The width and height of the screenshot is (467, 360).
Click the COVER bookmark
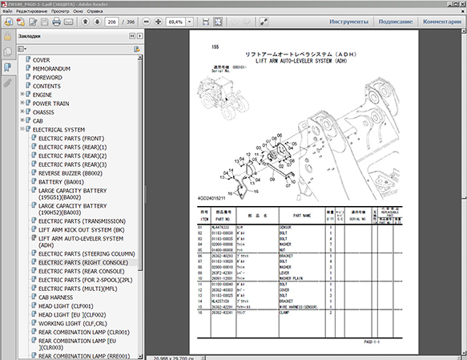[41, 60]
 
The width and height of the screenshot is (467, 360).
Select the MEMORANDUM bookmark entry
[51, 69]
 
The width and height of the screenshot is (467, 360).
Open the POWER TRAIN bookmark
[50, 103]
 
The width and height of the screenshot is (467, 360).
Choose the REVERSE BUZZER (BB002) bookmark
[70, 173]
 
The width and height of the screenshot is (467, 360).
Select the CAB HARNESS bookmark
[56, 297]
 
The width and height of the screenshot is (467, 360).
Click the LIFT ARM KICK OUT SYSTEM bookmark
[81, 229]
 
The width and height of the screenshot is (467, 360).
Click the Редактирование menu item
[31, 10]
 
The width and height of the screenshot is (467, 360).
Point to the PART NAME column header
[301, 215]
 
